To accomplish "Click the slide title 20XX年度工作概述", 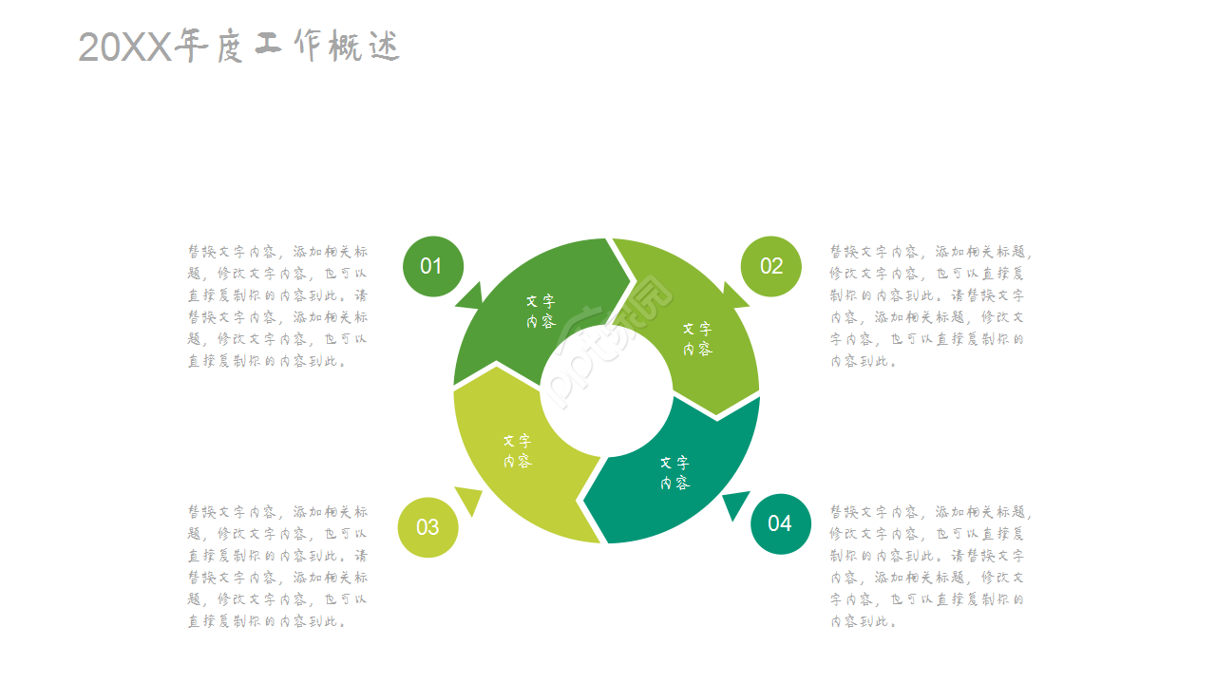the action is point(238,47).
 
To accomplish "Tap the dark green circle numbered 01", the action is point(433,267).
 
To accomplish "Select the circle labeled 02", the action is point(770,267).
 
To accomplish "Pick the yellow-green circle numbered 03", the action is point(427,527).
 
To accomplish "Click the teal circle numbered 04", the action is point(781,523).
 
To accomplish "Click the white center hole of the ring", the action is point(606,390).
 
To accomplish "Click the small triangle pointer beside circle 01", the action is point(470,297).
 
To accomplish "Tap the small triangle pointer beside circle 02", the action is point(735,295).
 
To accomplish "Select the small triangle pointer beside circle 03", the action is point(469,500).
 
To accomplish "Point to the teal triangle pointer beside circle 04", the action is point(735,503).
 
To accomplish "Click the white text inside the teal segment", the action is point(674,473).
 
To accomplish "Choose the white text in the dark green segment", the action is point(541,312).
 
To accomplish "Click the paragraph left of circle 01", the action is point(277,306).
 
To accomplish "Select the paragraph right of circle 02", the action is point(930,306).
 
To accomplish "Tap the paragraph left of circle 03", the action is point(277,566).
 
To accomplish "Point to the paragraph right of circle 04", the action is point(930,566).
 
